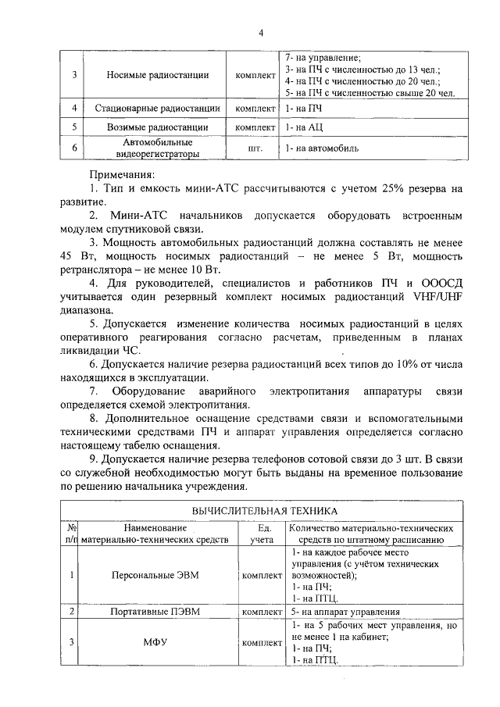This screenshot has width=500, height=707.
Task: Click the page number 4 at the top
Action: (261, 32)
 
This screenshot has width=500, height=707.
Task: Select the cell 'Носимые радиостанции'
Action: (159, 76)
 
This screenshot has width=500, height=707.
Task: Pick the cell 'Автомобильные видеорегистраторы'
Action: (159, 148)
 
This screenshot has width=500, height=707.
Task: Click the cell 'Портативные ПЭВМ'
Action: (159, 612)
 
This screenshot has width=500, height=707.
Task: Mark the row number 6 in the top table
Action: (73, 148)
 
